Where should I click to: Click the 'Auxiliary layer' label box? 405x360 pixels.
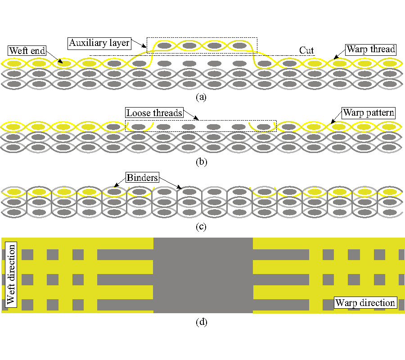click(99, 43)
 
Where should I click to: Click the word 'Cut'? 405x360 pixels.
click(306, 50)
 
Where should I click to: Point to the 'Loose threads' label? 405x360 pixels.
click(154, 113)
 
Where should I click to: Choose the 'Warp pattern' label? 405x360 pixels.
click(369, 113)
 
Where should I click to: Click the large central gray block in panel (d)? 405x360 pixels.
click(203, 275)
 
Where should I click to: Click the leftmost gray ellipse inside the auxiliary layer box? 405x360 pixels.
click(165, 45)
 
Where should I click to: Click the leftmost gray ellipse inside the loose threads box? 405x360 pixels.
click(139, 127)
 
